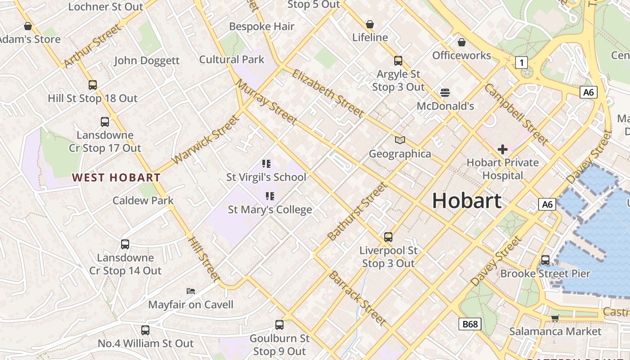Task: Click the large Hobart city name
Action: point(467,201)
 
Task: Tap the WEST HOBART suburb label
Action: point(116,178)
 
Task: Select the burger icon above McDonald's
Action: point(445,93)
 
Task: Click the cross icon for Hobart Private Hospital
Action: point(503,149)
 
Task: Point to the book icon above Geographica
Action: point(400,140)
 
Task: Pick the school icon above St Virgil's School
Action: point(266,163)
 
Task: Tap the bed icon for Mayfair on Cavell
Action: point(191,291)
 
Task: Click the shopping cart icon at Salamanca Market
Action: point(555,318)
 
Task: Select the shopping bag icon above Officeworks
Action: point(461,42)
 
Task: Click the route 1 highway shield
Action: point(521,62)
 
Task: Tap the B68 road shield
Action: point(470,324)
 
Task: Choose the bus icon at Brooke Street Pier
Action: point(545,260)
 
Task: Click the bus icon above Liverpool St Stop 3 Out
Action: point(388,237)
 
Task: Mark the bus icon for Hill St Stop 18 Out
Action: point(93,85)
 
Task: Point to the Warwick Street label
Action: point(205,139)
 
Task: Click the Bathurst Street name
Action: point(357,211)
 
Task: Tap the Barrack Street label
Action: point(357,298)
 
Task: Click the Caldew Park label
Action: point(143,200)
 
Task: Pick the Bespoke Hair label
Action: point(261,27)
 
